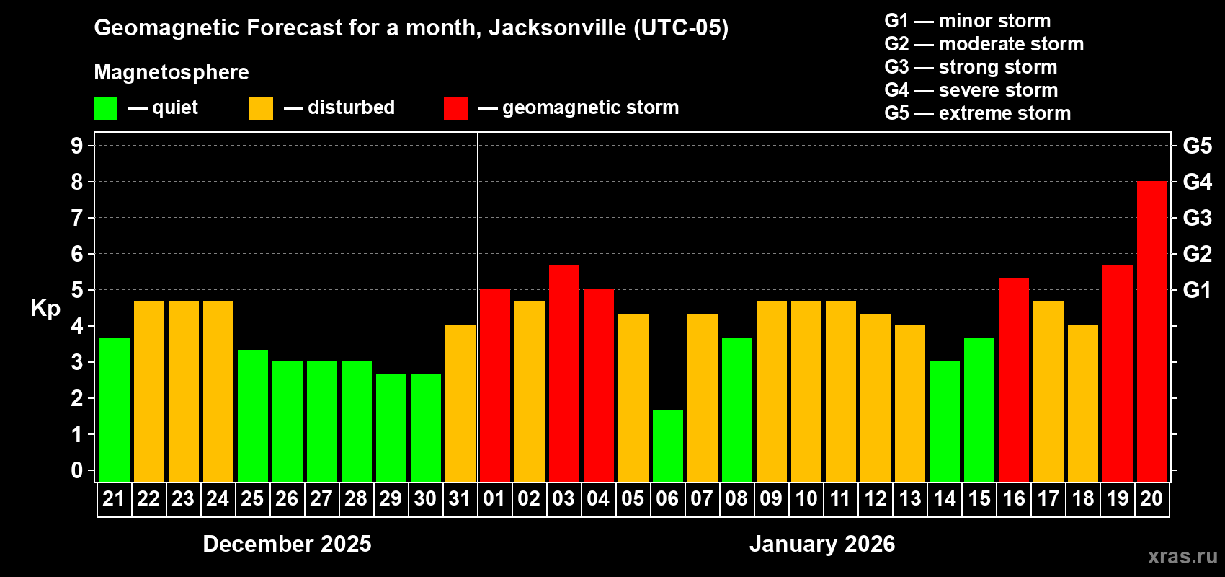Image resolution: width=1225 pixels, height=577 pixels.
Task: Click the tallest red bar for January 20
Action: [1151, 332]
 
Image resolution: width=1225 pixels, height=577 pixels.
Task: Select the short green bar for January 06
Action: [667, 446]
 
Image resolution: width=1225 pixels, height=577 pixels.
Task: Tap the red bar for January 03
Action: [563, 374]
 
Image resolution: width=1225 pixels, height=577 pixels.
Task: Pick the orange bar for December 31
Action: [460, 404]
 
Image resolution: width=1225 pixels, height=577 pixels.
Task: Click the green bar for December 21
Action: [114, 410]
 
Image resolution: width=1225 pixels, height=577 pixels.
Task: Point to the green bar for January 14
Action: [944, 422]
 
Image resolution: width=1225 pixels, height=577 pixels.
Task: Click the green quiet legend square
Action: [105, 109]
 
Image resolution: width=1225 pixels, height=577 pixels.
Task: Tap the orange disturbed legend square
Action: [261, 109]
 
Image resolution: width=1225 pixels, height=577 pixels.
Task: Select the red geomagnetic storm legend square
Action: [455, 109]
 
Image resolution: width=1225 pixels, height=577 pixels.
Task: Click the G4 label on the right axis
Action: [1197, 182]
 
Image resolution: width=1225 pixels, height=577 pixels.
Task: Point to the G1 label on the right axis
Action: [1197, 290]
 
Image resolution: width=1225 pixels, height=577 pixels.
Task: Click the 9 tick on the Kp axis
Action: [77, 146]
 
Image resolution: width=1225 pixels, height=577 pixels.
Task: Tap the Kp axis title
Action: [45, 308]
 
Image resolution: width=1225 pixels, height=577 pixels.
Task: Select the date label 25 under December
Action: [252, 498]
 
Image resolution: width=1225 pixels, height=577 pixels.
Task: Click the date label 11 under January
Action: [840, 498]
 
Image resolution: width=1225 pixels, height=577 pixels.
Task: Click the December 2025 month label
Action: [287, 543]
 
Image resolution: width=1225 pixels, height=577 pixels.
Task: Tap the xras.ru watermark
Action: [1182, 555]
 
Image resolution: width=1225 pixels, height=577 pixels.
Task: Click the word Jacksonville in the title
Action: [557, 27]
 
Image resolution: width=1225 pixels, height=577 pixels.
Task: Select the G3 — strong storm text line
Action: [970, 67]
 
